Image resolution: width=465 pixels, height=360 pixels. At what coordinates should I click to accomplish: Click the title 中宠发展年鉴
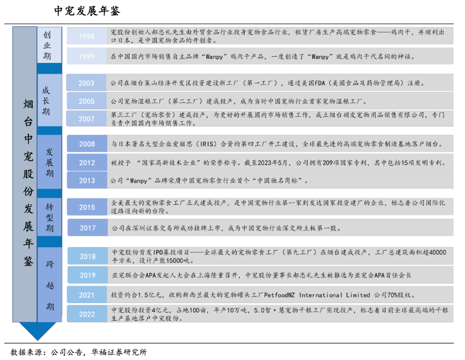[88, 11]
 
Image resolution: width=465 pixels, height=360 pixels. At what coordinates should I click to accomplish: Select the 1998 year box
[86, 37]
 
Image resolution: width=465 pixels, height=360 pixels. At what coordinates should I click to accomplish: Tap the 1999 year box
[86, 56]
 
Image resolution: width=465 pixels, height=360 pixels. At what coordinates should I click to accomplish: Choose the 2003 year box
[86, 83]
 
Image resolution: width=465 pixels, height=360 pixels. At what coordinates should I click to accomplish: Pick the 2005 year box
[86, 101]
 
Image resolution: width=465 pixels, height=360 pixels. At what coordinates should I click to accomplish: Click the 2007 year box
[86, 119]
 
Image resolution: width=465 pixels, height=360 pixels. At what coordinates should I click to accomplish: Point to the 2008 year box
[86, 145]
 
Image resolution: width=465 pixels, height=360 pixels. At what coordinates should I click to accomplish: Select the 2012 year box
[86, 163]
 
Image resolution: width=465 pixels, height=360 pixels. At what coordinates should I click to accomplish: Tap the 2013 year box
[86, 181]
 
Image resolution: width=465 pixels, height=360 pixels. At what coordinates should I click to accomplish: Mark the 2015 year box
[86, 207]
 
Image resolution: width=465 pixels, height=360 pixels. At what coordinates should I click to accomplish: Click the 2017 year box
[86, 228]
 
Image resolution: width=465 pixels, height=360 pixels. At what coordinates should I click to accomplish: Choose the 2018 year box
[86, 256]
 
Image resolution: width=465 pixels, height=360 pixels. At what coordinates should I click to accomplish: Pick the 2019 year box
[86, 275]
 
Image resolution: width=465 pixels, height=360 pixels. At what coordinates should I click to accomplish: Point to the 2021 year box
[86, 295]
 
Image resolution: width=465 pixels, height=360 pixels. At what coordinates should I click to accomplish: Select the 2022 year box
[86, 314]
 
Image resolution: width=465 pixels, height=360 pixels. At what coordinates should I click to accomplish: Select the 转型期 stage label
[50, 218]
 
